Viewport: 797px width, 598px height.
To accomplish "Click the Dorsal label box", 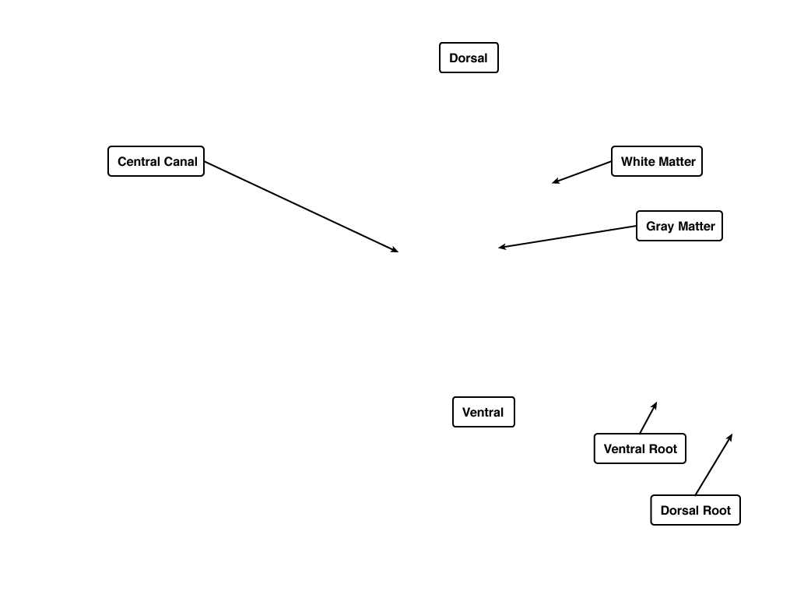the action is click(x=469, y=58).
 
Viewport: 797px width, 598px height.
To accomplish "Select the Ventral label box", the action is click(x=483, y=412).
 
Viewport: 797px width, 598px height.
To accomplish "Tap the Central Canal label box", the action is click(x=156, y=161).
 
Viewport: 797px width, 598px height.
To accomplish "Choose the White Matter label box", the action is click(x=657, y=161).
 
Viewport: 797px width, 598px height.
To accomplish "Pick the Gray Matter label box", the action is click(x=679, y=226).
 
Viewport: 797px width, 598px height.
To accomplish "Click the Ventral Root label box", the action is click(x=640, y=448).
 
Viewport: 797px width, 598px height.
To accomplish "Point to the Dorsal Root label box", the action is click(x=695, y=510).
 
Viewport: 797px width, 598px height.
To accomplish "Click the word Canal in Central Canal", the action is click(x=181, y=162).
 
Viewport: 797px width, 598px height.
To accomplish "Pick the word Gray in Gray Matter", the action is click(x=660, y=227).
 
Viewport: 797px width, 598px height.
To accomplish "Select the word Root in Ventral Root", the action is click(x=663, y=449).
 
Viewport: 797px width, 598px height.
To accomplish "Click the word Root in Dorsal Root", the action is click(x=717, y=511).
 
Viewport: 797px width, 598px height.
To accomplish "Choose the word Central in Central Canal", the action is click(x=139, y=162).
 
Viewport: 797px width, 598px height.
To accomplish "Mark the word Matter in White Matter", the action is click(x=676, y=162).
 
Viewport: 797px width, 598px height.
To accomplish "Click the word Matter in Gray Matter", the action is click(x=696, y=227).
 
